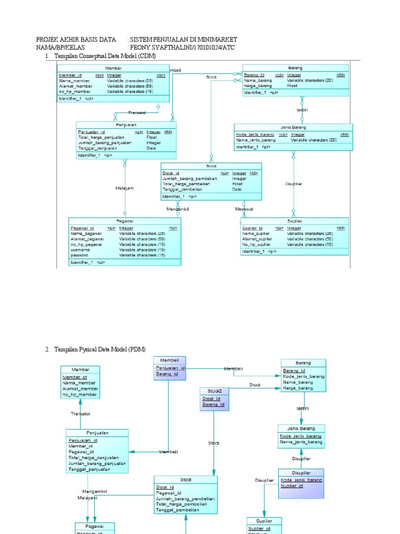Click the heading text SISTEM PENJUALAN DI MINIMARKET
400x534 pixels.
pyautogui.click(x=183, y=40)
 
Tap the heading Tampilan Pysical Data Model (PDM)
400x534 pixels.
pyautogui.click(x=100, y=349)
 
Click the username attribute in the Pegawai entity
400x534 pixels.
pyautogui.click(x=80, y=250)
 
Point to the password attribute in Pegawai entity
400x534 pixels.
pyautogui.click(x=80, y=255)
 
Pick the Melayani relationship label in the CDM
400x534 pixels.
pyautogui.click(x=124, y=188)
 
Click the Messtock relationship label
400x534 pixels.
pyautogui.click(x=244, y=209)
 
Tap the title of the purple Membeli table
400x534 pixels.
pyautogui.click(x=169, y=360)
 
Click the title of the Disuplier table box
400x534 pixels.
pyautogui.click(x=301, y=472)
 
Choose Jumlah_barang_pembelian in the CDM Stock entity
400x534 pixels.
pyautogui.click(x=190, y=179)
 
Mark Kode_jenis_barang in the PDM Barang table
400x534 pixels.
pyautogui.click(x=303, y=376)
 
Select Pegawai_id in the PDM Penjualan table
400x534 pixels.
pyautogui.click(x=81, y=452)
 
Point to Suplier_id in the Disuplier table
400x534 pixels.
pyautogui.click(x=292, y=486)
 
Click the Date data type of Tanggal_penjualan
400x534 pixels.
pyautogui.click(x=151, y=148)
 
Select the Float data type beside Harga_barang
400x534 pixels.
pyautogui.click(x=292, y=86)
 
